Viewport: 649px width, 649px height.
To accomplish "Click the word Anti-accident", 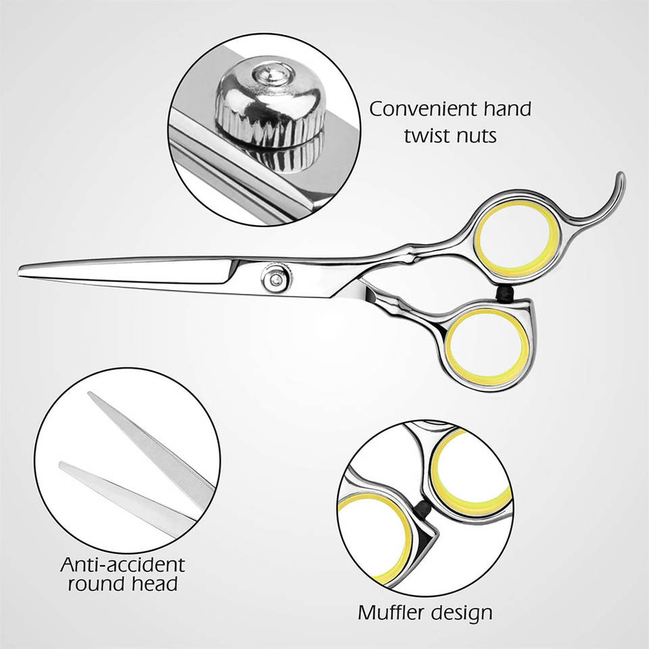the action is click(122, 564).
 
